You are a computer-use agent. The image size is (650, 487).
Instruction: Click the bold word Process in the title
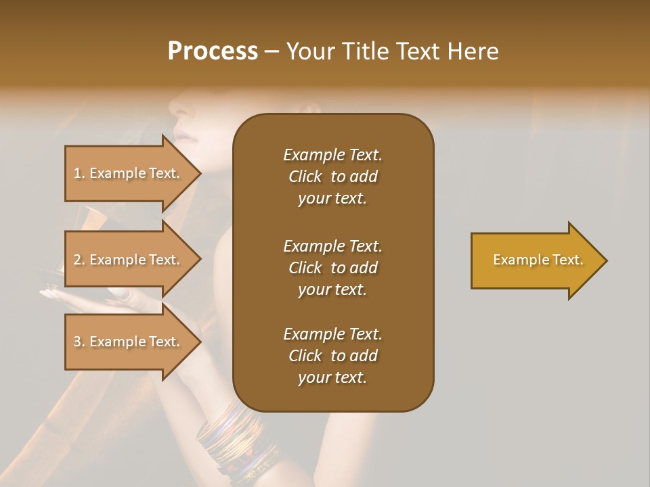pos(213,51)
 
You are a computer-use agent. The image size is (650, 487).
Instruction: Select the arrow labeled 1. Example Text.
pos(129,173)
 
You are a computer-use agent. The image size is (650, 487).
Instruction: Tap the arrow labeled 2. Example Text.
pos(129,260)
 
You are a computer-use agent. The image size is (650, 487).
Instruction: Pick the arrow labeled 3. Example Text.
pos(129,342)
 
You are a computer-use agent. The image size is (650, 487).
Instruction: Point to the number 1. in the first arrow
pos(79,173)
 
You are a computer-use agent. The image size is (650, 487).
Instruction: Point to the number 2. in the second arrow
pos(79,260)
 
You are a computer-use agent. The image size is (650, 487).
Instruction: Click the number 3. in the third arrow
pos(79,342)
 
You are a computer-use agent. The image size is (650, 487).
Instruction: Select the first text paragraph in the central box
pos(332,177)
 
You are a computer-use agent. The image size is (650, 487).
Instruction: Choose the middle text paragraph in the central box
pos(332,267)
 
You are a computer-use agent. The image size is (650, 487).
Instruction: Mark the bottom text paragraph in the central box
pos(332,356)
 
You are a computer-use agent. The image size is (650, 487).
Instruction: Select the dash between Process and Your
pos(272,52)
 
